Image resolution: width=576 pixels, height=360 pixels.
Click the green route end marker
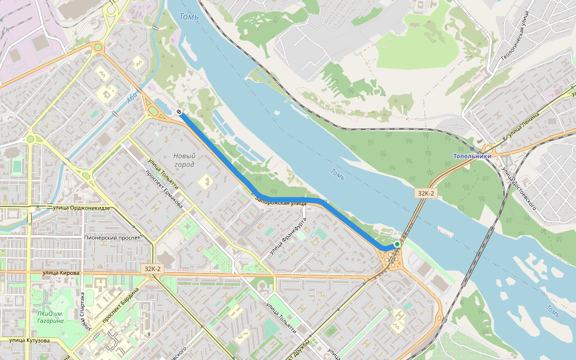click(x=397, y=244)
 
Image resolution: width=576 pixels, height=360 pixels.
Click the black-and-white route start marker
click(x=179, y=112)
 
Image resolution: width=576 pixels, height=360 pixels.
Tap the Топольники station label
click(x=472, y=156)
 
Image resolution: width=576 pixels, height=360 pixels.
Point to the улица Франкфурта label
click(x=288, y=235)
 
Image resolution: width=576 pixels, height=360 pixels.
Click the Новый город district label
click(x=184, y=160)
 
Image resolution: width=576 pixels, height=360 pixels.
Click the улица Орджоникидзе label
click(x=82, y=208)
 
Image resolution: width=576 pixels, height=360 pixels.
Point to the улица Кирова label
click(x=61, y=273)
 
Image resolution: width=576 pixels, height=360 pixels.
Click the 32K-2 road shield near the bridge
click(x=425, y=193)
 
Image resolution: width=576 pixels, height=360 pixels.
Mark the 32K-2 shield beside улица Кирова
click(x=152, y=269)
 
